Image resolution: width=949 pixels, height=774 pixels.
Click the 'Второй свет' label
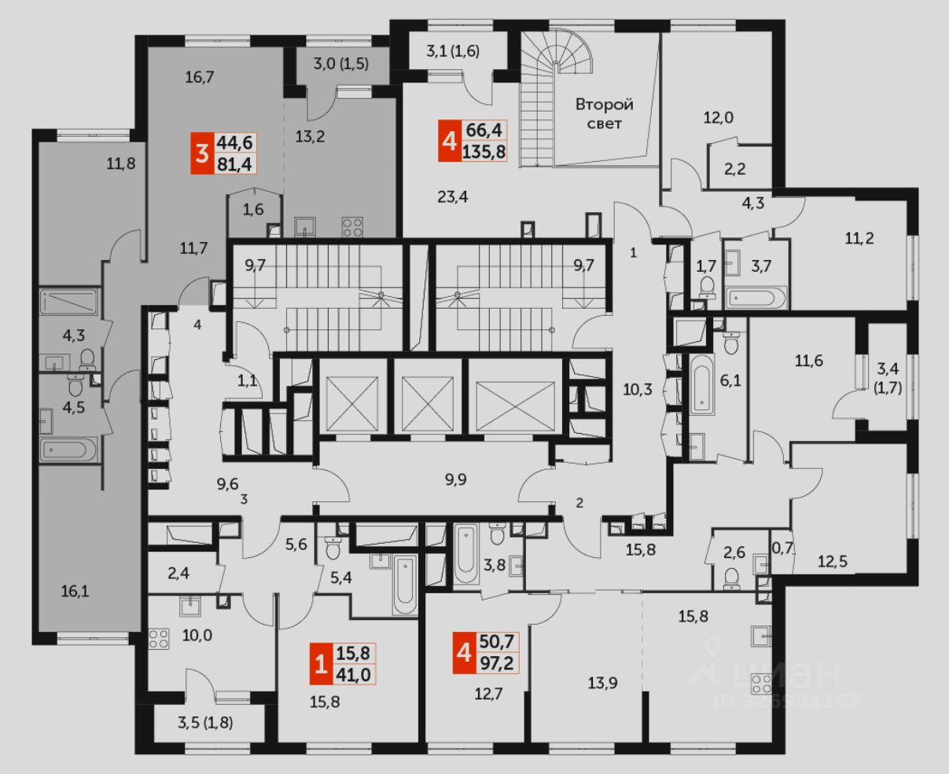point(604,114)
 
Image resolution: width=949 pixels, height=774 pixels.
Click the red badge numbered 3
point(202,152)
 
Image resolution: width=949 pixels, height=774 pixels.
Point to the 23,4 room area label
point(453,197)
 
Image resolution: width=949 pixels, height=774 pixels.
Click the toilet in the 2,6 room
point(731,578)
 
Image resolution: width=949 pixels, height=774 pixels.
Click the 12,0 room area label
point(718,118)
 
